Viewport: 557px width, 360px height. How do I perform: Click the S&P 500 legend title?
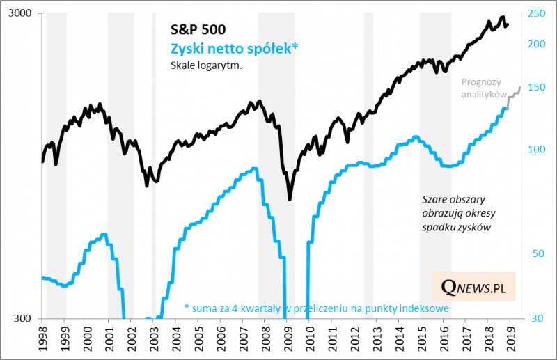[198, 30]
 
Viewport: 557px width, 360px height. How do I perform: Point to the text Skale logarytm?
[201, 66]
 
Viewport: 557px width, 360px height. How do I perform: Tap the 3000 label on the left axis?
[26, 15]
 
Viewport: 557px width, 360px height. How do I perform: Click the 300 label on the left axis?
[29, 319]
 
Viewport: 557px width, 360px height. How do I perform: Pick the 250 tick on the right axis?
[536, 14]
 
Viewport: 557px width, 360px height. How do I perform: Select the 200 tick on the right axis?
[536, 44]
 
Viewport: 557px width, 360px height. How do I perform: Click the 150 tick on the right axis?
[536, 88]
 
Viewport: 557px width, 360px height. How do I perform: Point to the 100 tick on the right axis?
[536, 149]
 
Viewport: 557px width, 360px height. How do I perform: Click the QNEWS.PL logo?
[473, 286]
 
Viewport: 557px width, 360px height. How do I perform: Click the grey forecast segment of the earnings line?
[515, 94]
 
